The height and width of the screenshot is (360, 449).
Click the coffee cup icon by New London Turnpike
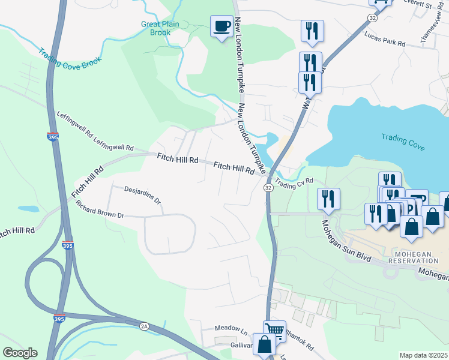click(x=221, y=26)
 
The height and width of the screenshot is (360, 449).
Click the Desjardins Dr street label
click(x=143, y=196)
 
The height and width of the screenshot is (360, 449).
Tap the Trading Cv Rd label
click(x=295, y=181)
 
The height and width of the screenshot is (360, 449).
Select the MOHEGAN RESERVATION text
click(x=413, y=257)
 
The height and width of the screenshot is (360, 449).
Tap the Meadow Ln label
click(x=232, y=330)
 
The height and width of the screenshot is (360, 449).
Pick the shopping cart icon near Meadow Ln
click(x=274, y=329)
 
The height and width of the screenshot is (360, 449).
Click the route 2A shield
click(x=143, y=326)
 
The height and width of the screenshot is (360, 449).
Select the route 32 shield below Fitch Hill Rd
click(x=268, y=188)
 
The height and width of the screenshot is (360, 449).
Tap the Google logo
click(x=20, y=353)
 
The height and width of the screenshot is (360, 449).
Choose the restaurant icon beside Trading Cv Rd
click(x=328, y=197)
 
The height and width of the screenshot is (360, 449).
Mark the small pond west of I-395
click(x=29, y=209)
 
